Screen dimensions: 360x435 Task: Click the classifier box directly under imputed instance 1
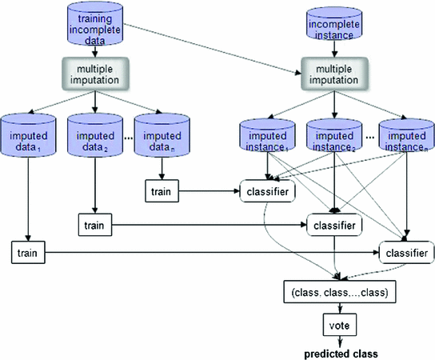click(267, 192)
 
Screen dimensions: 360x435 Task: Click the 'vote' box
click(337, 324)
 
